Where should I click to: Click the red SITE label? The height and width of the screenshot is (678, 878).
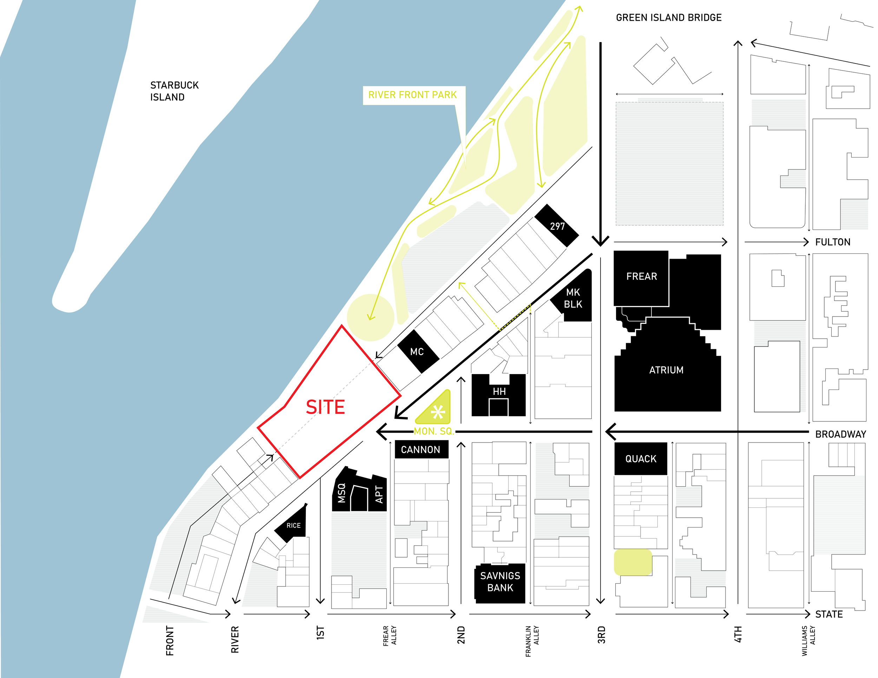(325, 407)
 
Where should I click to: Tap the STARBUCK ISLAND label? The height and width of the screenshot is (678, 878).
(174, 91)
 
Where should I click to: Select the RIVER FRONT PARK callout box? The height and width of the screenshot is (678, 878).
(413, 95)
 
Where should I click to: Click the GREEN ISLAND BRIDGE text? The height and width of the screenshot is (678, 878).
(669, 18)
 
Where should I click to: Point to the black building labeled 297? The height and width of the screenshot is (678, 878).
(557, 226)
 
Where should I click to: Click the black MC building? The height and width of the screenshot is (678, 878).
(417, 352)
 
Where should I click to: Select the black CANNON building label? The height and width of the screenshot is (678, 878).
(420, 450)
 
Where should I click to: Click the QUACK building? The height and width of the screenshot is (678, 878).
(641, 459)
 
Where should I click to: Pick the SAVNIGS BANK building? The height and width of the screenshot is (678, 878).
(500, 582)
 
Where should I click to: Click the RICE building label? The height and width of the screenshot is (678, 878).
(293, 525)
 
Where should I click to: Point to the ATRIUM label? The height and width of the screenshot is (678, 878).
(666, 370)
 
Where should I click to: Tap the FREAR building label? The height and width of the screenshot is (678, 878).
(642, 276)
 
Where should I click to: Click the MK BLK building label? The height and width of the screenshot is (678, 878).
(573, 298)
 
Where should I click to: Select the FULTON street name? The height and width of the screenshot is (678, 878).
(833, 242)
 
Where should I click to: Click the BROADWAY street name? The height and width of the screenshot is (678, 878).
(840, 434)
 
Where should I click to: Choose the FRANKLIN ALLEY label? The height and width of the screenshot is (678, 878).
(532, 641)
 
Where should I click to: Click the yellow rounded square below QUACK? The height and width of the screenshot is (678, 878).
(633, 562)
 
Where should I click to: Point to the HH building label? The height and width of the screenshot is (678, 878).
(499, 391)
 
